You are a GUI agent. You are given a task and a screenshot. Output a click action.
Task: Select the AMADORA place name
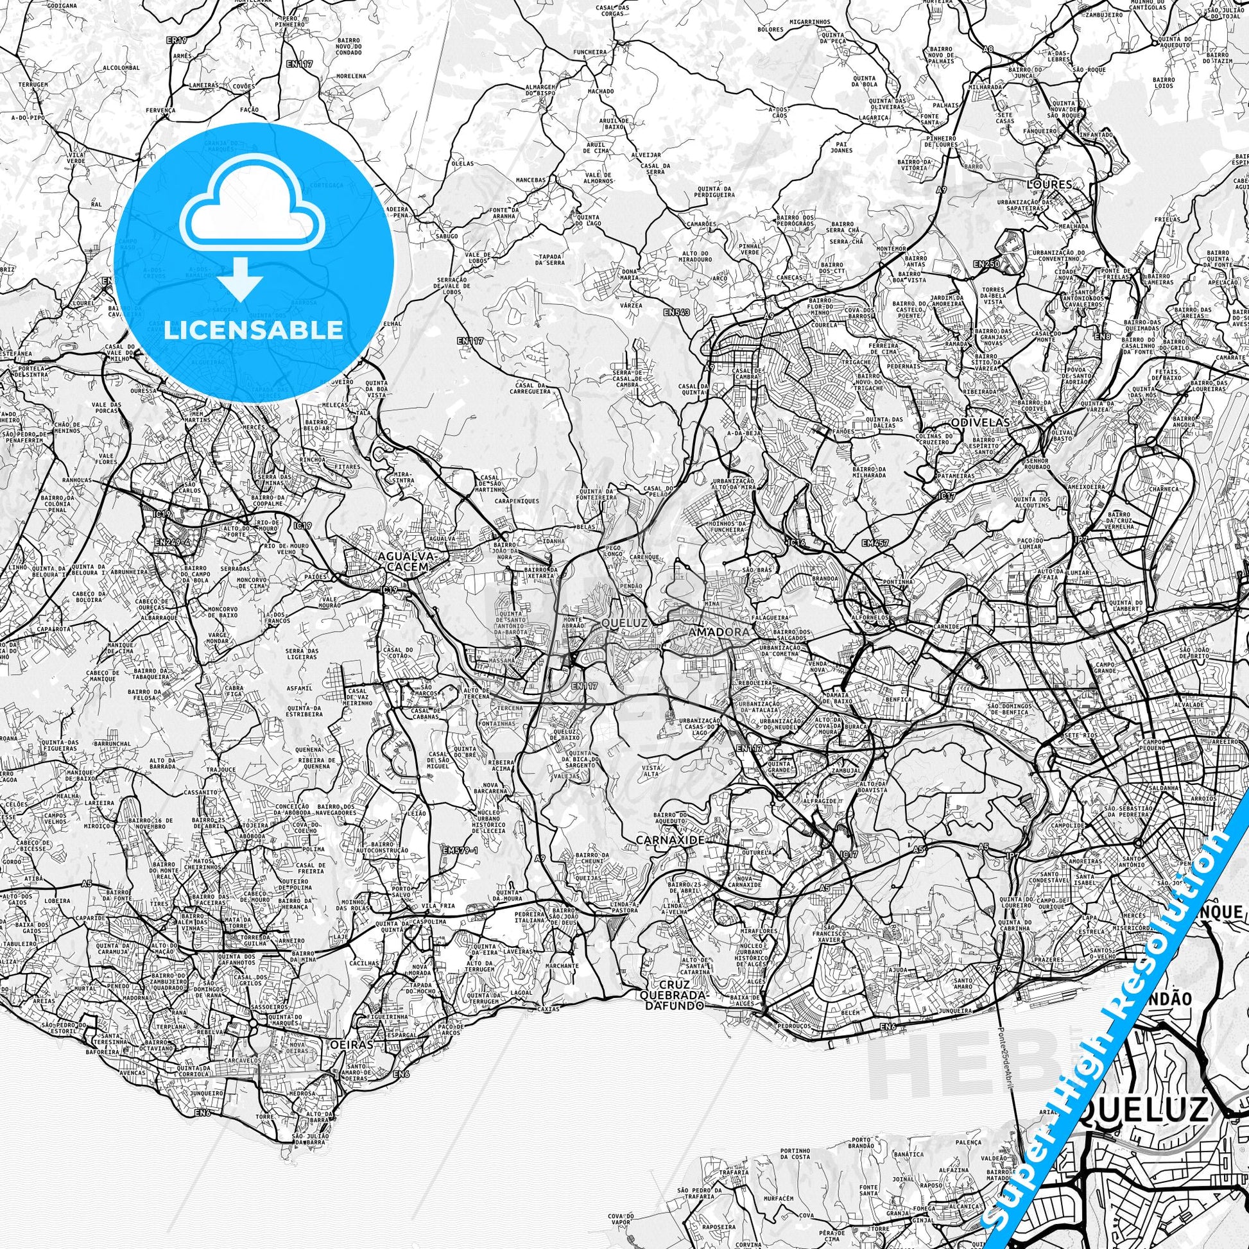click(x=711, y=630)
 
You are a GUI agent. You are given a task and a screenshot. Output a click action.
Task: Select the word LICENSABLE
click(x=254, y=330)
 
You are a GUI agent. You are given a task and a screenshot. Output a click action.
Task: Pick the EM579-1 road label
click(x=460, y=850)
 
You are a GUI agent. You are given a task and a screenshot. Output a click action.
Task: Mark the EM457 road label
click(x=875, y=543)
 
